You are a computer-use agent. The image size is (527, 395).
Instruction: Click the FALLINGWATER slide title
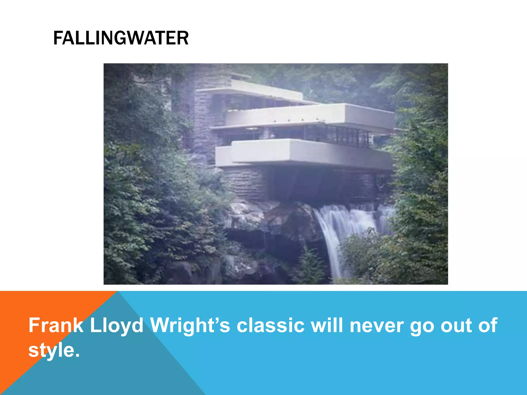click(121, 38)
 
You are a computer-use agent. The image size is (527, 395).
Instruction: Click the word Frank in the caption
click(56, 325)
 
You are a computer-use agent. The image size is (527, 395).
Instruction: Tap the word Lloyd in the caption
click(116, 325)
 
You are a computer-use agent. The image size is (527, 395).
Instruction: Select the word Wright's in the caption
click(190, 325)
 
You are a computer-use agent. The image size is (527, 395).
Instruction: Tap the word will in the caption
click(327, 325)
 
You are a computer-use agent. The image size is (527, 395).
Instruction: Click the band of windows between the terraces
click(335, 135)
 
